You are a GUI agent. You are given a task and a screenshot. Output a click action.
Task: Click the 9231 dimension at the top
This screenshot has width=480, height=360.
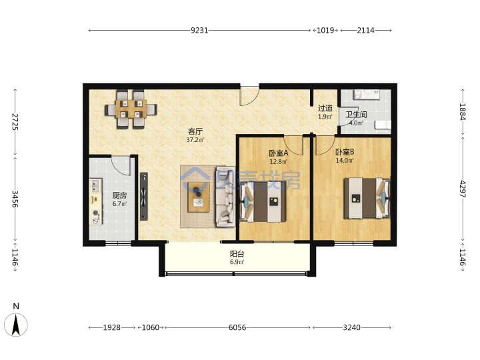[x=199, y=30]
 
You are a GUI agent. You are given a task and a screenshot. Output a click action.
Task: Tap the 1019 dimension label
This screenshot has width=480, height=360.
[x=325, y=30]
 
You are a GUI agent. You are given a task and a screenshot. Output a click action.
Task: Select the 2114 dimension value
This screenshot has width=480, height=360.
[x=365, y=30]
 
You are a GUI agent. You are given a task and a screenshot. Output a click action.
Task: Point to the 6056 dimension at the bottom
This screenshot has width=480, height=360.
[x=237, y=327]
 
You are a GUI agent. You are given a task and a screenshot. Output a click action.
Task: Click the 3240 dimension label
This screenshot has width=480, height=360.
[x=351, y=327]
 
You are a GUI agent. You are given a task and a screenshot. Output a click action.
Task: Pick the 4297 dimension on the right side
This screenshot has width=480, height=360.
[x=462, y=189]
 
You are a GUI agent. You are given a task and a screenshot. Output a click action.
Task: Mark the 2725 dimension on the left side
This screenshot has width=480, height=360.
[x=15, y=122]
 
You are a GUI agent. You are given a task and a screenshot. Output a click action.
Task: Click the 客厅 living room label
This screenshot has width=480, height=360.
[x=195, y=131]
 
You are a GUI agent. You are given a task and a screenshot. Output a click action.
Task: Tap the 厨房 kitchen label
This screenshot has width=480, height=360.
[x=119, y=195]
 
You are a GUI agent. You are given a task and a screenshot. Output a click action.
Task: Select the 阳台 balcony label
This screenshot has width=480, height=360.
[x=237, y=254]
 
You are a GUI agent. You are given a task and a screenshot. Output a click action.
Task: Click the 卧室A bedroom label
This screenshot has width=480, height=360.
[x=278, y=153]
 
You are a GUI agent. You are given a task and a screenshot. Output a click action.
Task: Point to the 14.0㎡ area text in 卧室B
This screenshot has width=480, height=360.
[x=345, y=161]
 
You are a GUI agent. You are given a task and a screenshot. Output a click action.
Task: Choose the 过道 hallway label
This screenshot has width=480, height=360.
[x=325, y=108]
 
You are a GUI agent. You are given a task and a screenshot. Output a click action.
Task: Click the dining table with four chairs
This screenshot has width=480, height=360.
[x=131, y=109]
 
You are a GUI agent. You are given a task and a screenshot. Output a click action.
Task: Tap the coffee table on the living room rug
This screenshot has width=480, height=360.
[x=199, y=197]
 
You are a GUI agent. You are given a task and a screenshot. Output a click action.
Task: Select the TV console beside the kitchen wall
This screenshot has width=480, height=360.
[x=144, y=197]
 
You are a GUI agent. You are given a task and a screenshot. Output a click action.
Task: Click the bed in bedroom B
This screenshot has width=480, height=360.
[x=367, y=198]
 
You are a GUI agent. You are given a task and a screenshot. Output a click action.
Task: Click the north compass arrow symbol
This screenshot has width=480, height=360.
[x=16, y=325]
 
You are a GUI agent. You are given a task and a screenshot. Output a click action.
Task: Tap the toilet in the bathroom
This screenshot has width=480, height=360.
[x=383, y=125]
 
